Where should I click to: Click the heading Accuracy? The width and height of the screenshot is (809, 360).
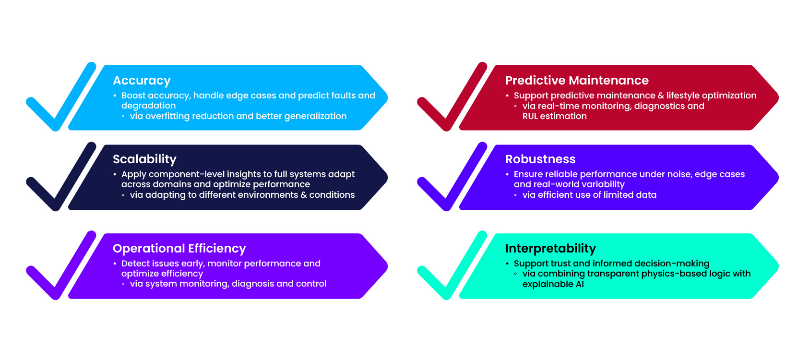point(142,81)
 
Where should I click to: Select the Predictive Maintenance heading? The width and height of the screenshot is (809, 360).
point(576,81)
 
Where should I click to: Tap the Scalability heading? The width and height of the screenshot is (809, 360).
point(144,159)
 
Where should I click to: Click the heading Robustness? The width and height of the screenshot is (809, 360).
point(540,159)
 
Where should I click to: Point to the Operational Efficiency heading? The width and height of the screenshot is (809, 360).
point(179,249)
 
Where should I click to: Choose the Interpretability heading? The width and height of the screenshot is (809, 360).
point(550,249)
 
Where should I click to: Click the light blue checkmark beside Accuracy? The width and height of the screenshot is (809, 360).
point(60,103)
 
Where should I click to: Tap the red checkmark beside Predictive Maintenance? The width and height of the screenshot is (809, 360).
point(451,103)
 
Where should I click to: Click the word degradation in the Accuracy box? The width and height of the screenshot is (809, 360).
point(148,106)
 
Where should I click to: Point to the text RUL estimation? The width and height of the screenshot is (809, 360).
point(554,116)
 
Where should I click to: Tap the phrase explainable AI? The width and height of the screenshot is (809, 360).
point(553,284)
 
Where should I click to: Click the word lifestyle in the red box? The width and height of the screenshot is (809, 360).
point(683,96)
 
